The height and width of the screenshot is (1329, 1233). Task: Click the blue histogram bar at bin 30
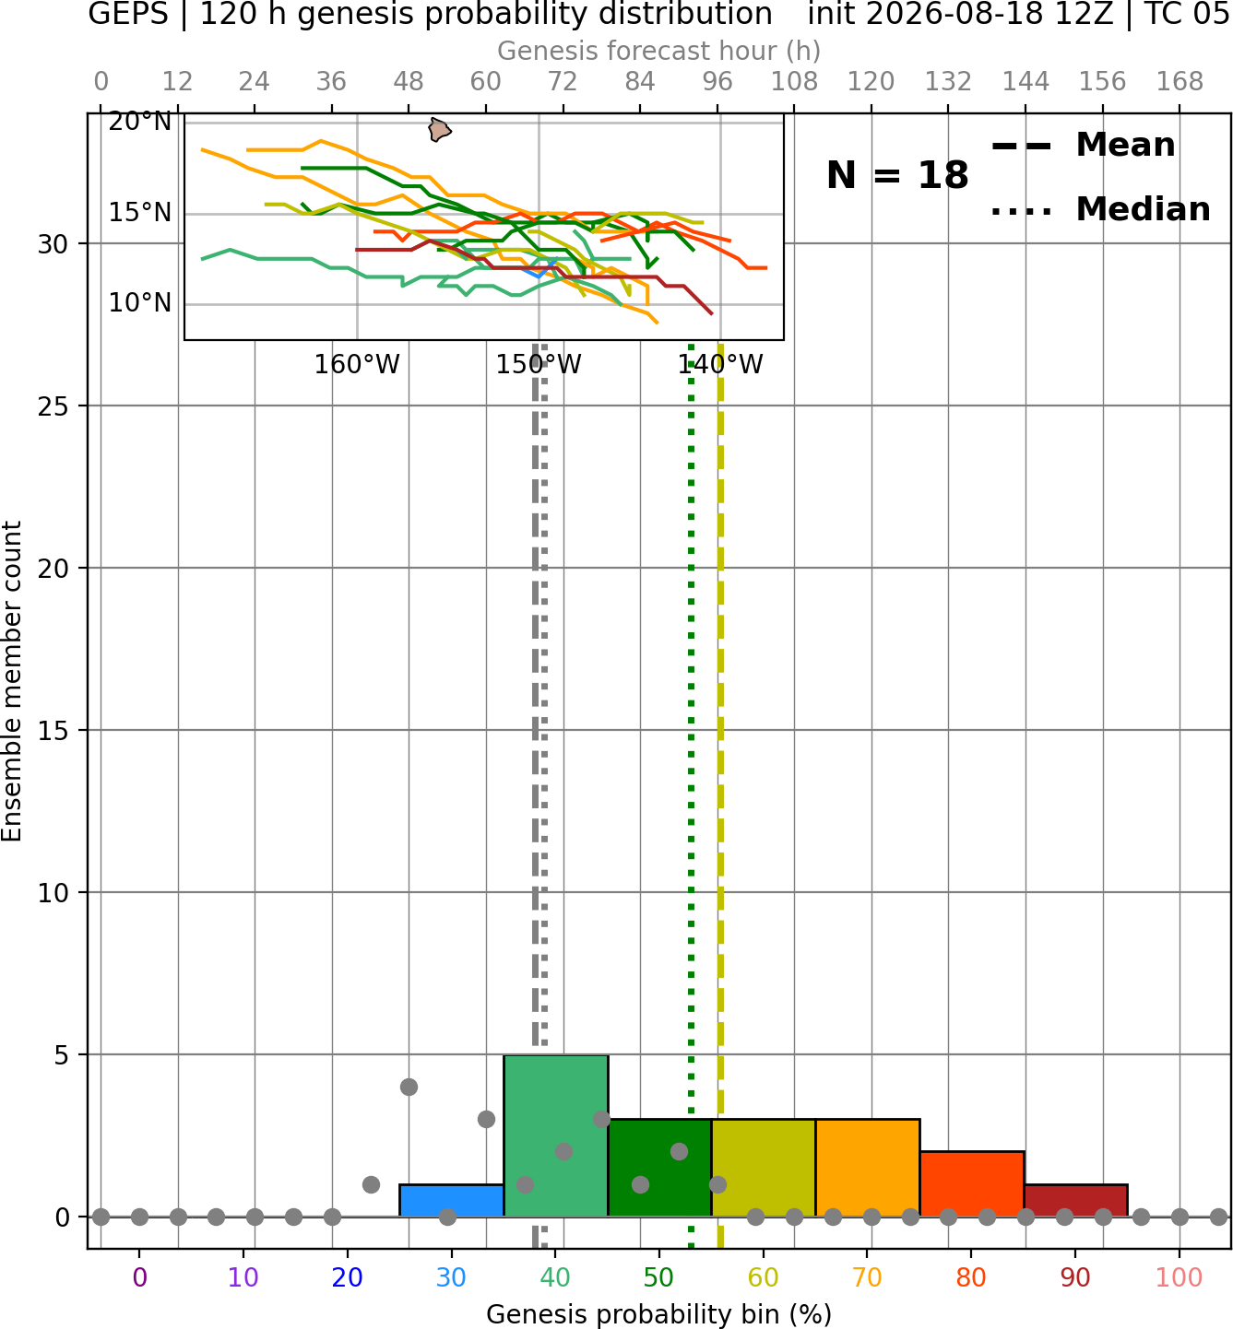[x=451, y=1201]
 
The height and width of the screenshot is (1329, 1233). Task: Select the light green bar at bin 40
[x=556, y=1135]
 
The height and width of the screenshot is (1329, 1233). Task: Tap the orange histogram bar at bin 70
[x=868, y=1168]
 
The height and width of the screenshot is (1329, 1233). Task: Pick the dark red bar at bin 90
[x=1076, y=1201]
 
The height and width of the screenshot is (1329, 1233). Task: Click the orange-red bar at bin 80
[x=972, y=1183]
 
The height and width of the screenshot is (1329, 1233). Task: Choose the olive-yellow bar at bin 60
[x=764, y=1168]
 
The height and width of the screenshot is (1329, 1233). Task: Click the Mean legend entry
[x=1084, y=146]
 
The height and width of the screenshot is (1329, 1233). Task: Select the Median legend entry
[x=1101, y=209]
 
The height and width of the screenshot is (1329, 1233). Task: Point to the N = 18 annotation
[x=897, y=175]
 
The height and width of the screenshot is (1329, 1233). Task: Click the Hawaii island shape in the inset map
[x=439, y=130]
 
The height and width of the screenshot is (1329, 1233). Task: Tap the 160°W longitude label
[x=357, y=365]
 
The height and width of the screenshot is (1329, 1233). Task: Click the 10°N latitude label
[x=140, y=303]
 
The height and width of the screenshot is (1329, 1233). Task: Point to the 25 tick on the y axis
[x=53, y=406]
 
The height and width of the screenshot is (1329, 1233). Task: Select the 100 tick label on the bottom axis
[x=1180, y=1277]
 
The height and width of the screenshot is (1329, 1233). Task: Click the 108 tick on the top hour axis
[x=794, y=82]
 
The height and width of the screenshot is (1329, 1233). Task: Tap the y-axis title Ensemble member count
[x=12, y=681]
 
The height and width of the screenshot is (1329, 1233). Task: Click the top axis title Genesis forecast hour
[x=659, y=51]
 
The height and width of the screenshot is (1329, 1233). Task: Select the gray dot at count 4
[x=409, y=1087]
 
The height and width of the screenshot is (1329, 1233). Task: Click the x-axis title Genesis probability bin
[x=659, y=1314]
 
